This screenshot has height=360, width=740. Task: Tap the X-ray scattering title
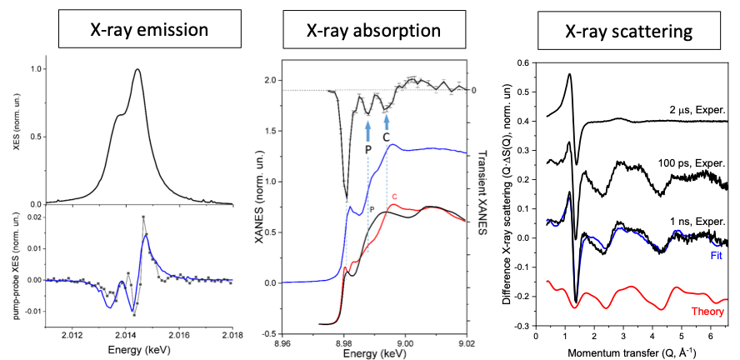[x=616, y=32]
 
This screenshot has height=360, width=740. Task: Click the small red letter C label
[x=394, y=197]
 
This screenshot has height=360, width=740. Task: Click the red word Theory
[x=707, y=312]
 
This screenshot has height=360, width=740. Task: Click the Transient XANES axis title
[x=482, y=192]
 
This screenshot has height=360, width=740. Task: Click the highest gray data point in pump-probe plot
[x=143, y=217]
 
